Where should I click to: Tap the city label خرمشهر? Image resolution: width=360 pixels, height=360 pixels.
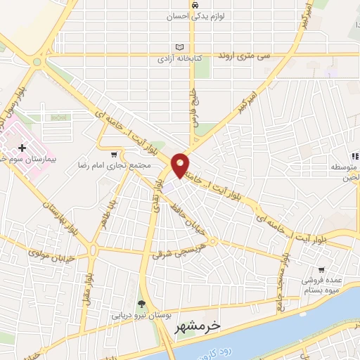[216, 326]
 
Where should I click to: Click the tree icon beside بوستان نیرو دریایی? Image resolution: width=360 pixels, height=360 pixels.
[142, 304]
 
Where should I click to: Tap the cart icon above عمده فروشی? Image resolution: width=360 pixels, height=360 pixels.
[321, 269]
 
